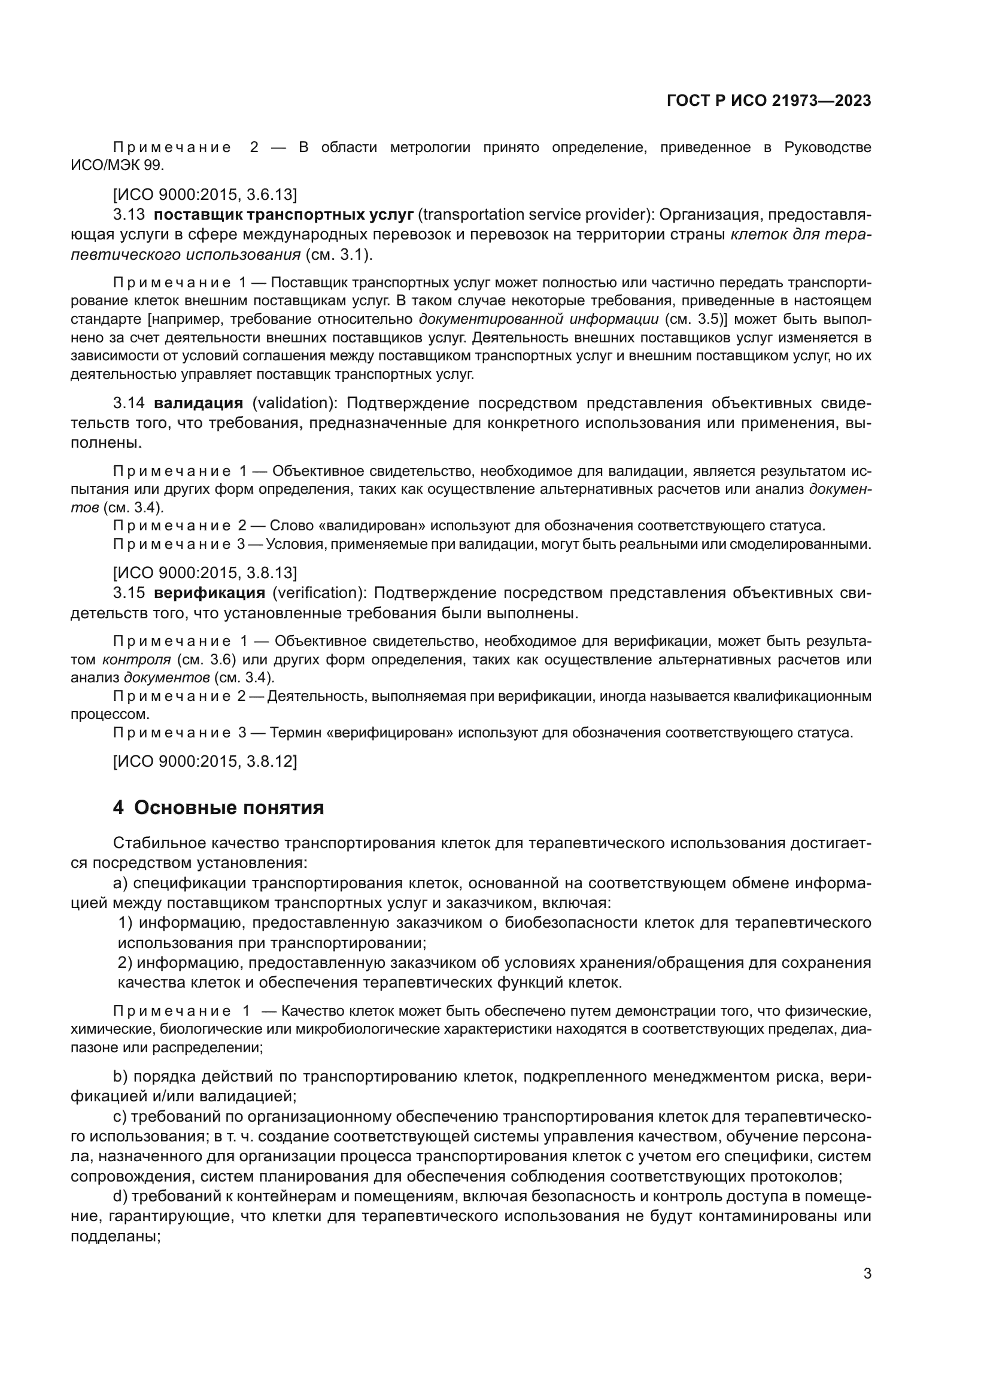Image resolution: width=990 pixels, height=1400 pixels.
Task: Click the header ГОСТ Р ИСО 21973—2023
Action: [x=769, y=101]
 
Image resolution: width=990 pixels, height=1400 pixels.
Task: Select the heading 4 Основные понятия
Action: [x=218, y=808]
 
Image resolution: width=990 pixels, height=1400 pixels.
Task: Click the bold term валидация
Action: [x=199, y=403]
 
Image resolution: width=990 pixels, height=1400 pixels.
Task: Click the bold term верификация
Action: [x=209, y=593]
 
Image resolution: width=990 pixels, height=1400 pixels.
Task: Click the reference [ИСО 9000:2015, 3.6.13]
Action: [x=205, y=195]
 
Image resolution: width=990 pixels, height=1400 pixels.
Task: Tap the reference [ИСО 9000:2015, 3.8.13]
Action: [x=205, y=573]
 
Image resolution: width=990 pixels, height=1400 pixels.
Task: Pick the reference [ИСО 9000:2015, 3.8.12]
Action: [x=205, y=761]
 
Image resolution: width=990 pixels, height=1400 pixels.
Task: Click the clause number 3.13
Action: [x=129, y=215]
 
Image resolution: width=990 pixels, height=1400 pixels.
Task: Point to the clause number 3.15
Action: [x=129, y=593]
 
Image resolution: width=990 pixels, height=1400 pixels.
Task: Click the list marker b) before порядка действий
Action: [x=120, y=1076]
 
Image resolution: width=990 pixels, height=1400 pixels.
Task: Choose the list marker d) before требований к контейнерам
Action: [x=120, y=1196]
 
